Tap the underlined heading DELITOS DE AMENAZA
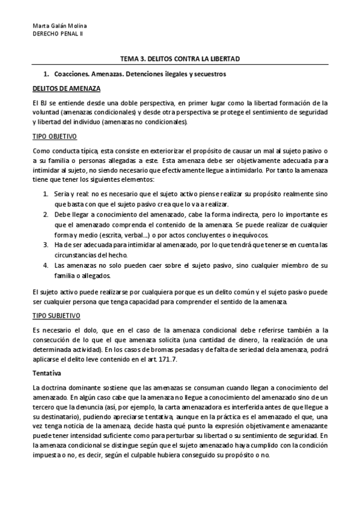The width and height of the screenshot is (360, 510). coord(58,88)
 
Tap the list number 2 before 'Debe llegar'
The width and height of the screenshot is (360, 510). coord(46,215)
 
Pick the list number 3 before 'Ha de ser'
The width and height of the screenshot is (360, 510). coord(46,245)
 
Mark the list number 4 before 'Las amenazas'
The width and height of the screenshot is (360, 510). coord(46,265)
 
